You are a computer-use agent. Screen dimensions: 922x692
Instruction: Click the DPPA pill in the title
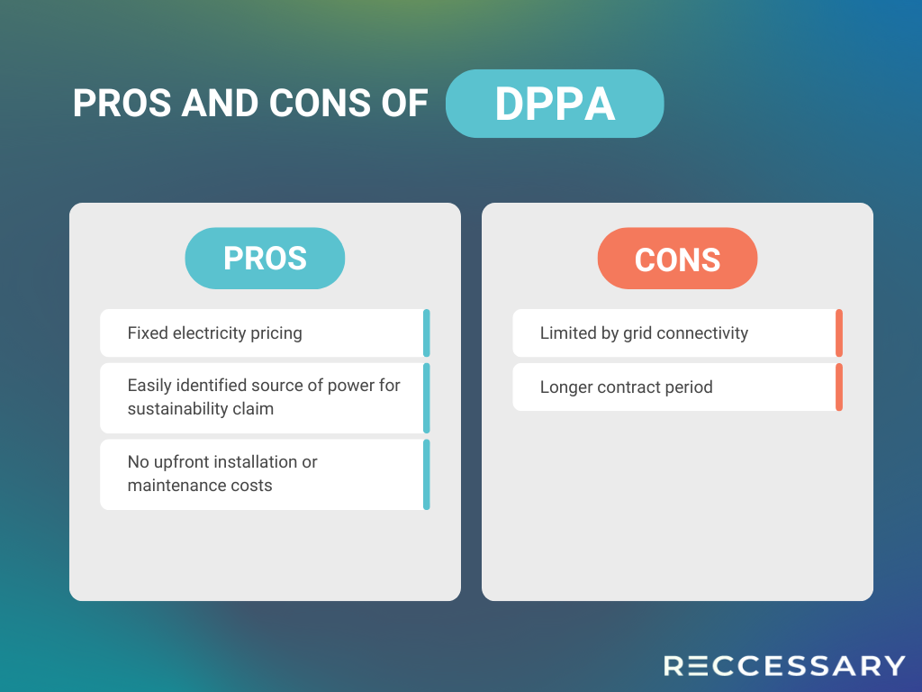[x=555, y=104]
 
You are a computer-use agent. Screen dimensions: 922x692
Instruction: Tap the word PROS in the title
[x=122, y=104]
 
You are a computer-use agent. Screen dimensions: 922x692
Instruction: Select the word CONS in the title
[x=320, y=104]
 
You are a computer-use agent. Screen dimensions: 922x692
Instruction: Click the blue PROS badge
[x=265, y=259]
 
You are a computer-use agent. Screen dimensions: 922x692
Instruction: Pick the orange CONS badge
[x=677, y=259]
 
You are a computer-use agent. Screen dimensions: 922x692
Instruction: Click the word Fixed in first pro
[x=148, y=333]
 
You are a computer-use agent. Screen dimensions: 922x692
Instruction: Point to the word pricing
[x=276, y=333]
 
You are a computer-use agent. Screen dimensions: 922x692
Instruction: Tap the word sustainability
[x=177, y=409]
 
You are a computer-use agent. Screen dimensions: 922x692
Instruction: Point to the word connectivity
[x=702, y=333]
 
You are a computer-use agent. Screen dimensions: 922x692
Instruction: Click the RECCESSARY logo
[x=784, y=666]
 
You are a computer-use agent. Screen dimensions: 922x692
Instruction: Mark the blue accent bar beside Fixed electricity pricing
[x=427, y=333]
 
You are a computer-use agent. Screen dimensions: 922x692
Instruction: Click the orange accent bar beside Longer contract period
[x=839, y=387]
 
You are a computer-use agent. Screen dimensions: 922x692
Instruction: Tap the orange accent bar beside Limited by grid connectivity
[x=839, y=333]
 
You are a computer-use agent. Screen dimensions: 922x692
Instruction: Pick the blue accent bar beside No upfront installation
[x=427, y=474]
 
